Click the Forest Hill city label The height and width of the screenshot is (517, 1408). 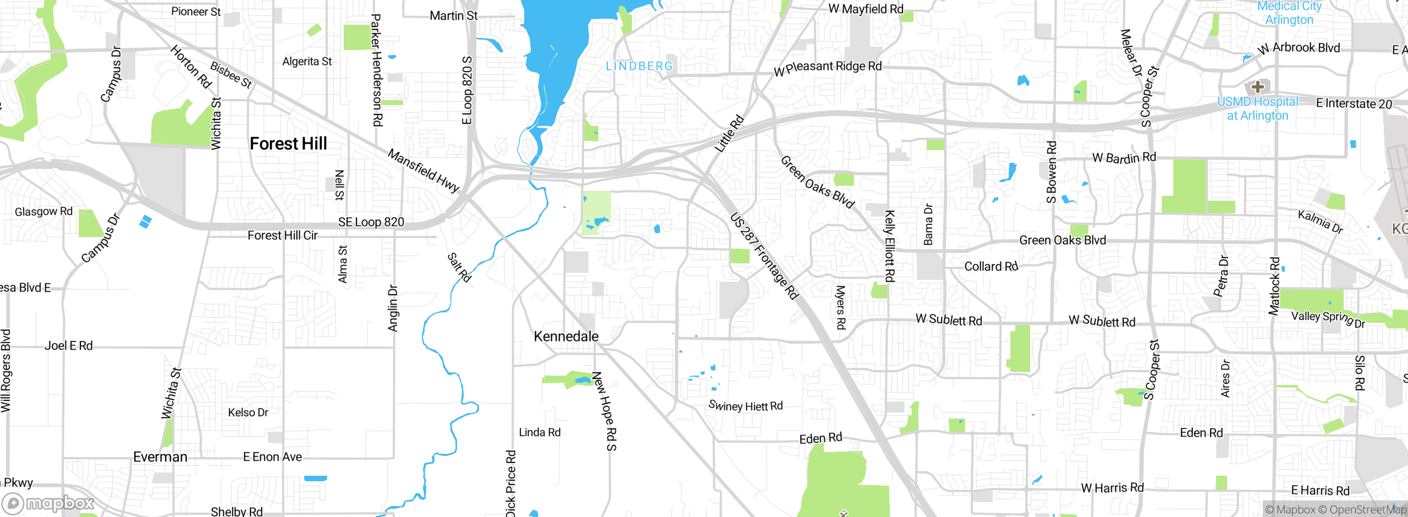(288, 144)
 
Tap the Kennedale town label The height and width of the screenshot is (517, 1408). (566, 337)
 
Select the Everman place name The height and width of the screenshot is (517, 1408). (160, 457)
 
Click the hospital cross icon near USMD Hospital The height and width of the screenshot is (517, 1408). (1257, 87)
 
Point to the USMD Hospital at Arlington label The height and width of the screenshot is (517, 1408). (1257, 109)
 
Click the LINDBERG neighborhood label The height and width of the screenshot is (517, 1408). (639, 67)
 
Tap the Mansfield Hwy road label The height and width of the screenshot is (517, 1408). (423, 170)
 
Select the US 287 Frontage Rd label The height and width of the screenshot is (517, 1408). (764, 256)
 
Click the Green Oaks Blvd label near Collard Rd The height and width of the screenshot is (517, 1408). (1062, 240)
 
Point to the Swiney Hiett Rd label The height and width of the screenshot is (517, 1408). (745, 406)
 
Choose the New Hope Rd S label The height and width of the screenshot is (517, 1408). (604, 411)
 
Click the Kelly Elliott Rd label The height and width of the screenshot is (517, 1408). (889, 246)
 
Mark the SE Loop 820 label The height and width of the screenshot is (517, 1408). (371, 222)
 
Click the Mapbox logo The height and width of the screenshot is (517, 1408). (48, 503)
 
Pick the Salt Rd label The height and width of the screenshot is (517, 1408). (459, 267)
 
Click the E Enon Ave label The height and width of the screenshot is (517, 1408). (272, 457)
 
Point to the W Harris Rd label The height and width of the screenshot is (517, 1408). (1112, 488)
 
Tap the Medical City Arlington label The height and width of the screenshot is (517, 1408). (1289, 13)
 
